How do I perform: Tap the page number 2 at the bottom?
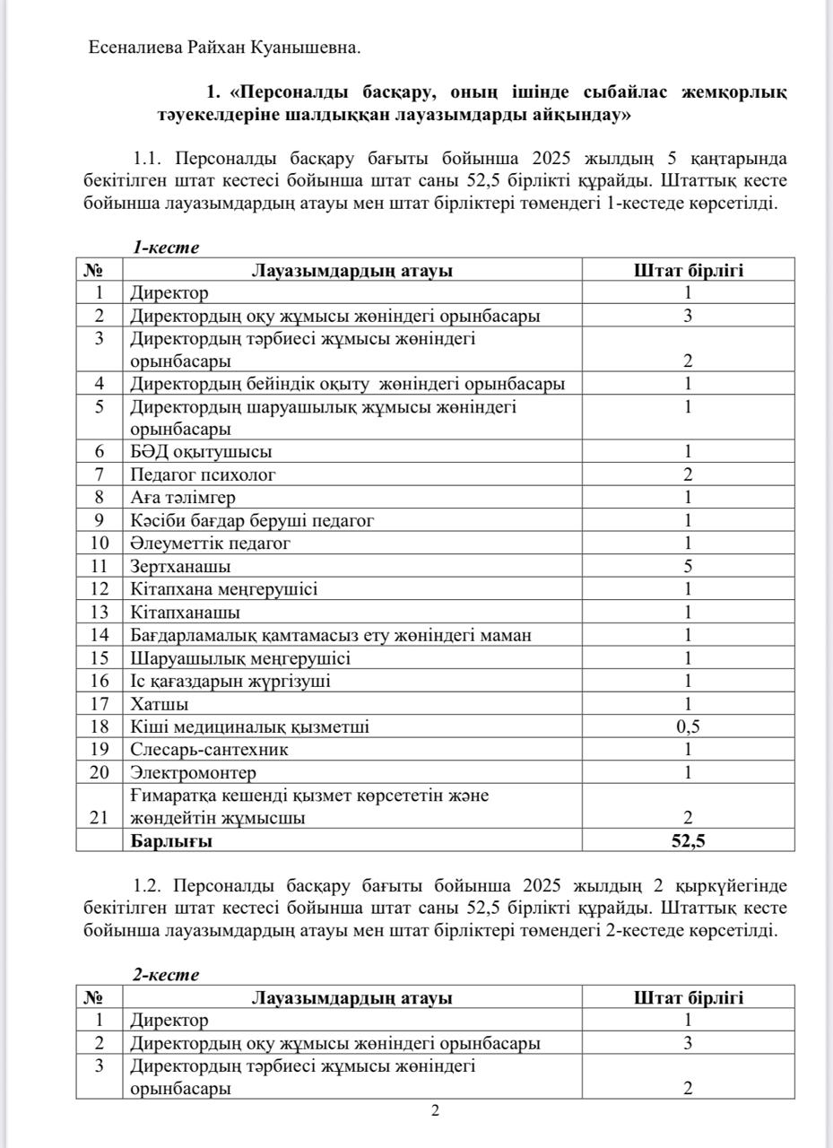436,1112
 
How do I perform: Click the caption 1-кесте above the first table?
166,248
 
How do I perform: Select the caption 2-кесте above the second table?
166,975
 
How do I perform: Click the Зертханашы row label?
180,567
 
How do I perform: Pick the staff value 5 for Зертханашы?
688,567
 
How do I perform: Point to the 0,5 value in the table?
688,726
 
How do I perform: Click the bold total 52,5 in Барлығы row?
688,841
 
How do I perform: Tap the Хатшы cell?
160,704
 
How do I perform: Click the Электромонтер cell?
193,772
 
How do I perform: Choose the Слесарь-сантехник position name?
209,750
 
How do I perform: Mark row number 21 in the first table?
100,818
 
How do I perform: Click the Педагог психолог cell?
203,474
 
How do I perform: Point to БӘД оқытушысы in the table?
201,452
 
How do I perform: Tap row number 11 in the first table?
100,567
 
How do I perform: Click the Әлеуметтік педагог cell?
211,544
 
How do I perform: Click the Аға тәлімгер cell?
183,498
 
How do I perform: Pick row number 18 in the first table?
100,726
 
